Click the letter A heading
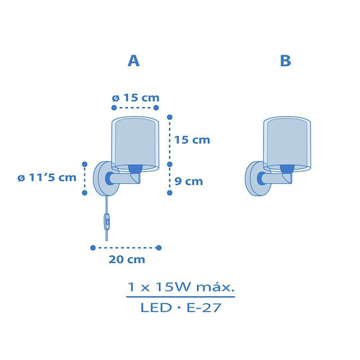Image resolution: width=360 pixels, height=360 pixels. pyautogui.click(x=133, y=61)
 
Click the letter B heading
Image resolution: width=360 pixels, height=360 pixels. pyautogui.click(x=285, y=61)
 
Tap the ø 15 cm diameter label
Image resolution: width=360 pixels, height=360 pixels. pyautogui.click(x=136, y=98)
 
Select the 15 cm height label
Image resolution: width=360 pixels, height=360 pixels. pyautogui.click(x=192, y=140)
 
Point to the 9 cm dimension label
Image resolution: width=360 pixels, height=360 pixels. pyautogui.click(x=189, y=181)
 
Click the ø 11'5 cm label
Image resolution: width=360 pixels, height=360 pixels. pyautogui.click(x=47, y=177)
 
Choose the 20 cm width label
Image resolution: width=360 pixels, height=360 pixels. pyautogui.click(x=127, y=259)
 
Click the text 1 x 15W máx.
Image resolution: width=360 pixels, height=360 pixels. pyautogui.click(x=181, y=287)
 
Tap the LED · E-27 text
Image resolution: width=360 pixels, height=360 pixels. pyautogui.click(x=181, y=307)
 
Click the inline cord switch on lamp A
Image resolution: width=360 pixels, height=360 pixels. pyautogui.click(x=107, y=222)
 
